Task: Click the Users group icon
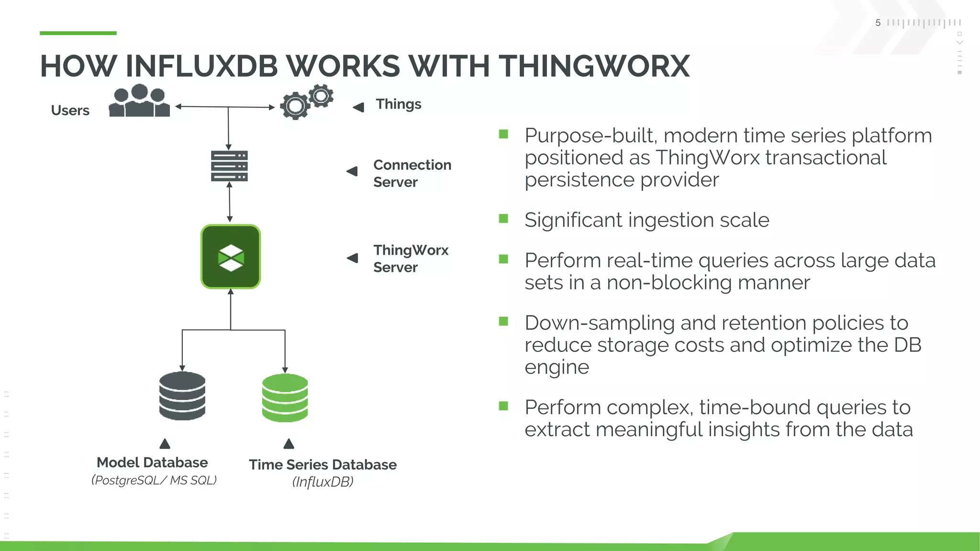coord(139,101)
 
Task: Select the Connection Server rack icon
coord(229,166)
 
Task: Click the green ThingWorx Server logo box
coord(231,257)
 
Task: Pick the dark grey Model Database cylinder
coord(182,396)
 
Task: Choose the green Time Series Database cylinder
coord(285,398)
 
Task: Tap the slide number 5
coord(878,23)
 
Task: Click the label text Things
coord(398,104)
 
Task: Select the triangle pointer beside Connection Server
coord(352,171)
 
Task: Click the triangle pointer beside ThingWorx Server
coord(352,258)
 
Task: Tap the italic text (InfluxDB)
coord(323,482)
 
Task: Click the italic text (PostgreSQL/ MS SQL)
coord(154,480)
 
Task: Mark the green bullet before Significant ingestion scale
coord(503,219)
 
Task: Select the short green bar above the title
coord(78,33)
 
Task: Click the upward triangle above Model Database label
coord(165,444)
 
